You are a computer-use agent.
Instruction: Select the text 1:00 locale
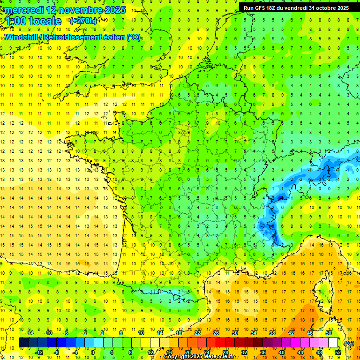click(x=33, y=21)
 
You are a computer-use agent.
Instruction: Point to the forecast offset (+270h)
click(x=83, y=21)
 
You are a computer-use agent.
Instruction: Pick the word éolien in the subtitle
click(x=112, y=37)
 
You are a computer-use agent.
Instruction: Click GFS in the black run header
click(x=262, y=7)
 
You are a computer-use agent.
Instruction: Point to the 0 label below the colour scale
click(x=92, y=352)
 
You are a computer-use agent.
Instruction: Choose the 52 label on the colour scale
click(x=338, y=352)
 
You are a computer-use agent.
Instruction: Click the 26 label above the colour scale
click(x=216, y=333)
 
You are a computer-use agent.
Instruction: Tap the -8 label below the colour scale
click(x=57, y=352)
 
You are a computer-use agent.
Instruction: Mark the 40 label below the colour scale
click(x=282, y=352)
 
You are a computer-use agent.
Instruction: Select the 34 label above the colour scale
click(x=253, y=333)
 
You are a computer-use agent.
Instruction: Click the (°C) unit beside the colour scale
click(x=349, y=343)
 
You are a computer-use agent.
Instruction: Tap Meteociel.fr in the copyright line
click(x=222, y=357)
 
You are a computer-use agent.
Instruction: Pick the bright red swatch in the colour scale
click(x=220, y=343)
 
